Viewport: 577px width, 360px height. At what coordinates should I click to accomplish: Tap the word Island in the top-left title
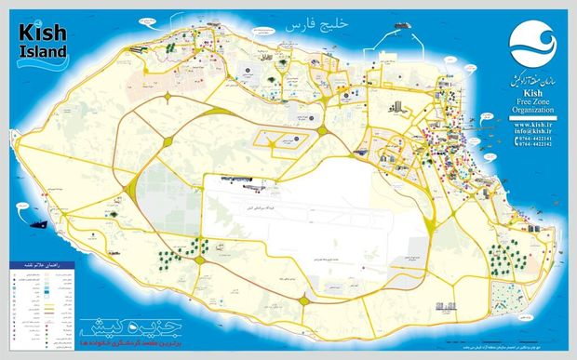pos(39,50)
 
